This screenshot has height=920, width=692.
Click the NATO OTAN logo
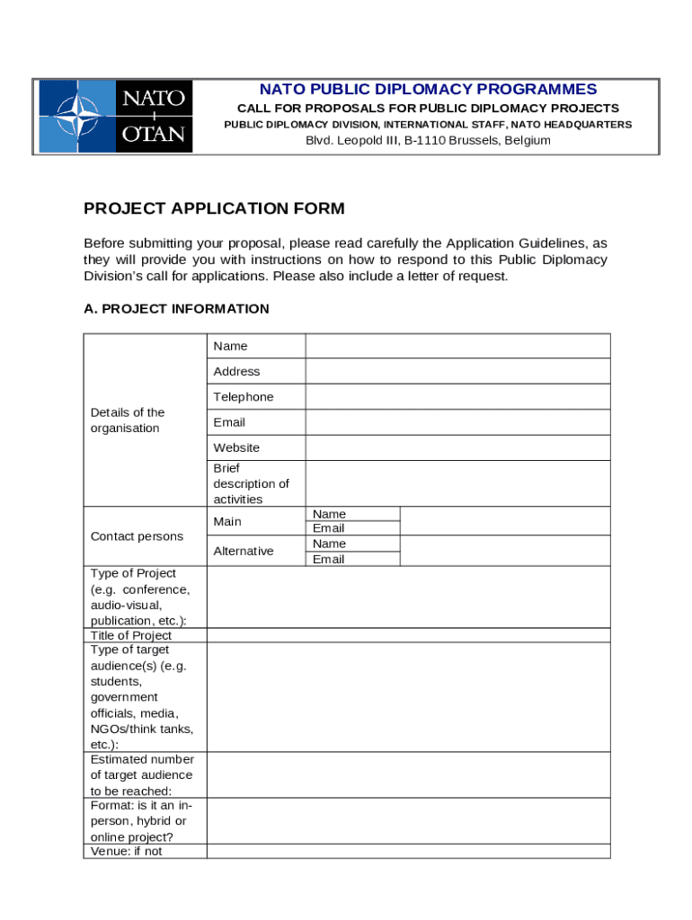(114, 116)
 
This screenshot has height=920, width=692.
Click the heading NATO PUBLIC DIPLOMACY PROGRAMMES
(428, 89)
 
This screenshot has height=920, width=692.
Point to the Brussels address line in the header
(428, 140)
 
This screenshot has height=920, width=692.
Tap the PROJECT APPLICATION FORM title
(214, 209)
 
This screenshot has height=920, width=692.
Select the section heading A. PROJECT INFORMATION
(176, 309)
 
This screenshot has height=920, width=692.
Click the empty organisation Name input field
(457, 346)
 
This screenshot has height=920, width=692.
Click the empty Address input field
(457, 371)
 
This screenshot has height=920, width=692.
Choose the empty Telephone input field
(457, 397)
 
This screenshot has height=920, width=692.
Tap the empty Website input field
(457, 447)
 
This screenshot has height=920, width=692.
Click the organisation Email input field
(457, 422)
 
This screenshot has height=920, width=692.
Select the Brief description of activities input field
(457, 483)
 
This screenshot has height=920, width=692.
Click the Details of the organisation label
(128, 420)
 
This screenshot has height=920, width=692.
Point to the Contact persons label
(137, 536)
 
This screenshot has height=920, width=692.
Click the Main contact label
(227, 521)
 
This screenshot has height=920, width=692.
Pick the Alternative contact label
(244, 551)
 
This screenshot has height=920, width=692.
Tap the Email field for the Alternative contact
(504, 559)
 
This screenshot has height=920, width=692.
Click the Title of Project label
(131, 635)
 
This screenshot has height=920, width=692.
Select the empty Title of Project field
(408, 635)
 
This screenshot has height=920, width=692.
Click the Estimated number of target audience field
(408, 774)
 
